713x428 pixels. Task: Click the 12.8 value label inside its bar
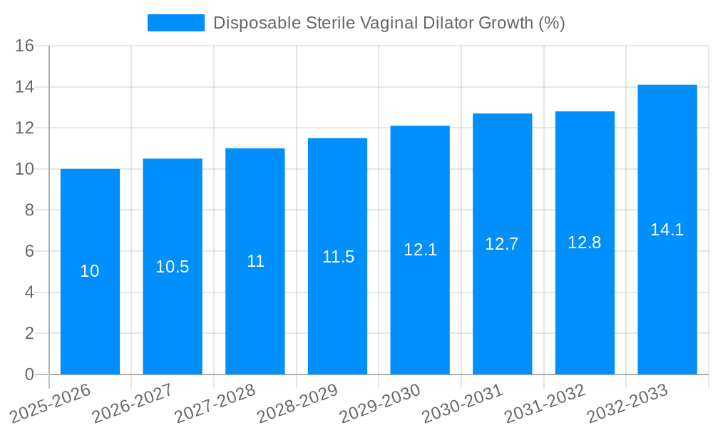[585, 243]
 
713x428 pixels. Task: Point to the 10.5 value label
[173, 267]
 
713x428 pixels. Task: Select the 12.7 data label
[502, 244]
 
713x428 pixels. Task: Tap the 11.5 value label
[338, 257]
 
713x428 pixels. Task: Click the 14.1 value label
[667, 230]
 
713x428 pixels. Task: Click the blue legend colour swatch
[175, 23]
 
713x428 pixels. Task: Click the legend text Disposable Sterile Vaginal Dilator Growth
[389, 23]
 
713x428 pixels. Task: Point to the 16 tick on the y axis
[25, 46]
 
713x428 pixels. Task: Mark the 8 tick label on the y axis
[29, 210]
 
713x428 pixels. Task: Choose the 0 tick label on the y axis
[29, 374]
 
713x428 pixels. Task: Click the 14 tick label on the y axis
[25, 87]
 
